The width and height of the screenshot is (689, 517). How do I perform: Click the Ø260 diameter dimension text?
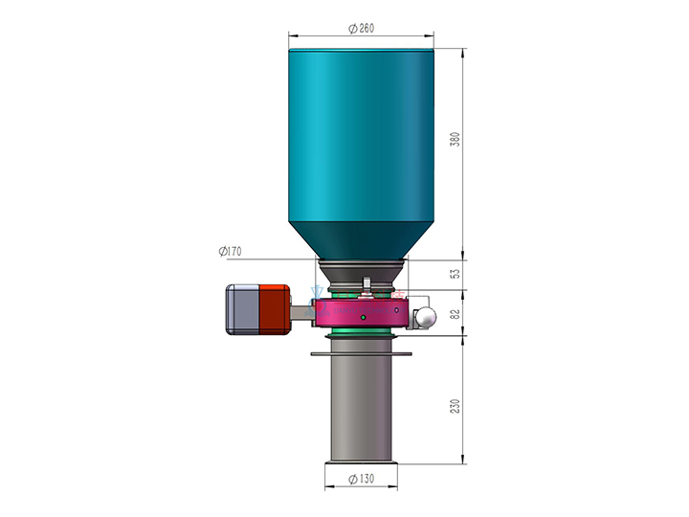point(361,29)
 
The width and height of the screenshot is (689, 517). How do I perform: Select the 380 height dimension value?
point(456,139)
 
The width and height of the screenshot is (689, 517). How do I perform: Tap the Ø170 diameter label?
point(231,251)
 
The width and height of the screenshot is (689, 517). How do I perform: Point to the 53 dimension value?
point(456,274)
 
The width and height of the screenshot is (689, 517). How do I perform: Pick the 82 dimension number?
point(456,314)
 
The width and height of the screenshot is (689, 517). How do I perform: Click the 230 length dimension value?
point(456,405)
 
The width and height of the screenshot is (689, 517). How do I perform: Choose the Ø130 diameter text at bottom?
point(361,479)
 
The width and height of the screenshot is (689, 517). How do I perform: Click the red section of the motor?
point(275,309)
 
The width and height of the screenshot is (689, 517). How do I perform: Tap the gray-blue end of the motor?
point(242,309)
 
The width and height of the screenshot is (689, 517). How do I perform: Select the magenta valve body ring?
point(361,313)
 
